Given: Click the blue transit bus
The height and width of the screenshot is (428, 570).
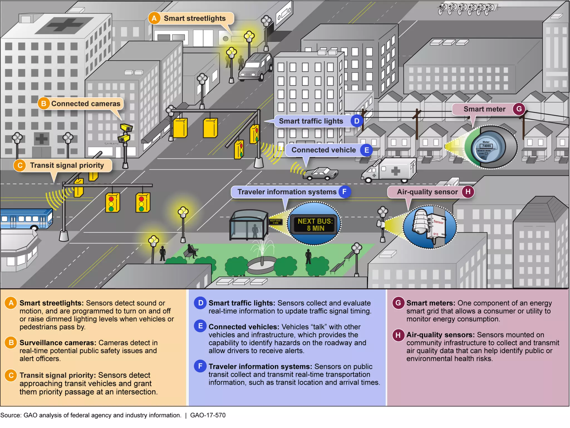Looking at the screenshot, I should [x=26, y=219].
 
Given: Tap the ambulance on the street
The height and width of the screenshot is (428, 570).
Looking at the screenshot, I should [x=390, y=170].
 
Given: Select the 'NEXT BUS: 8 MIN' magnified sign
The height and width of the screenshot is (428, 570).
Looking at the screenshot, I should [x=315, y=224].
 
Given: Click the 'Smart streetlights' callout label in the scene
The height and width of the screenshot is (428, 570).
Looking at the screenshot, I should [x=194, y=18].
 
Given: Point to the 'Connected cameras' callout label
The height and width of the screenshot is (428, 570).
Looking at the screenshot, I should [x=85, y=104].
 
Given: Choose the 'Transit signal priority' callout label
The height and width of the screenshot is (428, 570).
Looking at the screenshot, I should [x=67, y=165].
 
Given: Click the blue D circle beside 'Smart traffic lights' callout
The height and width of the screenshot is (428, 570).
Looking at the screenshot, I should [x=357, y=121].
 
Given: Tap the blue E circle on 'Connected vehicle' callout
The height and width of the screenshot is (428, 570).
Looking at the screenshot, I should [x=367, y=150].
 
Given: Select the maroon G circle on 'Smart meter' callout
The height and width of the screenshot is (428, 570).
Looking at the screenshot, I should [x=519, y=109].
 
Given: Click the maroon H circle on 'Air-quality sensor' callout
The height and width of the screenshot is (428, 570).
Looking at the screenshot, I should [x=468, y=192].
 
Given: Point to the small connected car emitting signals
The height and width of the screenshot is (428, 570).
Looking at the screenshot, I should [x=321, y=174].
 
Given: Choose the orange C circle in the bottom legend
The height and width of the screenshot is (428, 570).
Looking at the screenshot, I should [x=11, y=375].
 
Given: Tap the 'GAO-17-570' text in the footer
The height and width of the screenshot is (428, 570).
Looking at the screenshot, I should [x=208, y=415].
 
